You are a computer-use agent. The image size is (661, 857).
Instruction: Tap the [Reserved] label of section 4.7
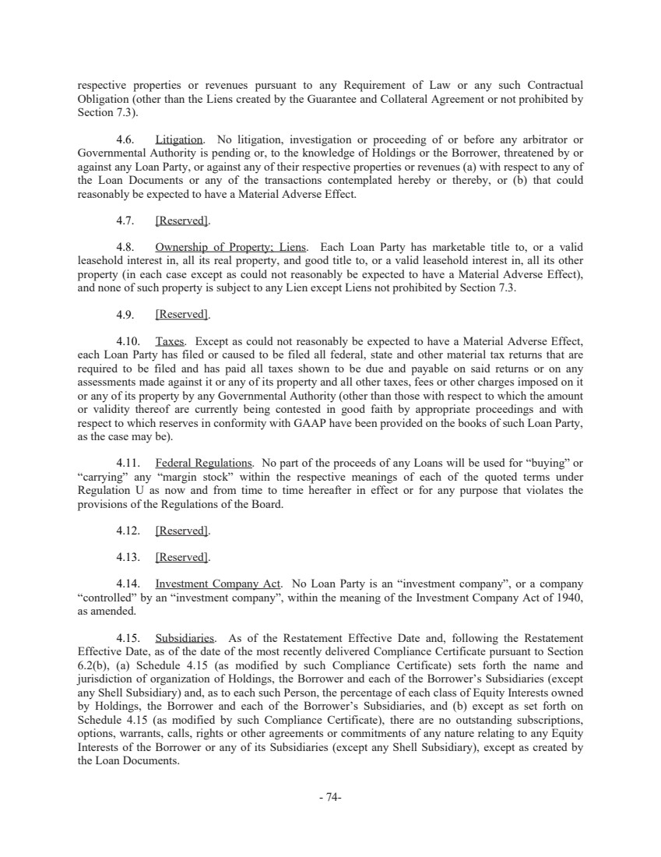click(x=182, y=220)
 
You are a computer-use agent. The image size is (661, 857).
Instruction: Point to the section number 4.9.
click(x=125, y=315)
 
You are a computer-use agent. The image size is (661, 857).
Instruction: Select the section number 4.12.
click(x=128, y=531)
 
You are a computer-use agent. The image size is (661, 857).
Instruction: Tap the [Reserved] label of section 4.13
click(x=182, y=557)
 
